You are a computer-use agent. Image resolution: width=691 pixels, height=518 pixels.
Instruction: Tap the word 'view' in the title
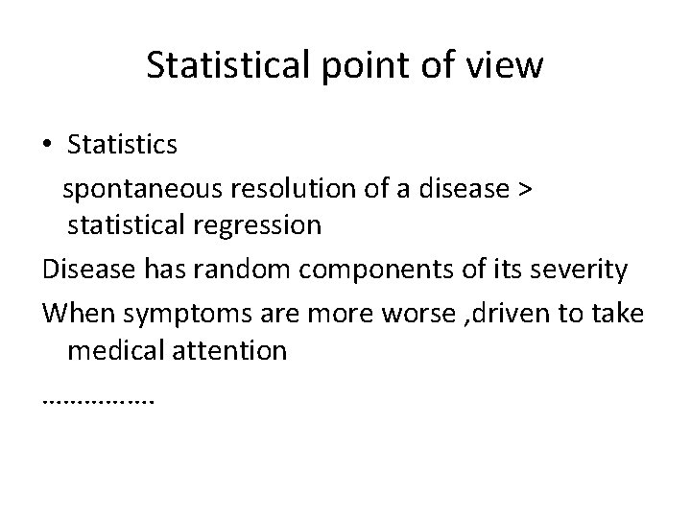510,66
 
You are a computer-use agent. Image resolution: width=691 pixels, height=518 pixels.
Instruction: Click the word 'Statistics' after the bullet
123,145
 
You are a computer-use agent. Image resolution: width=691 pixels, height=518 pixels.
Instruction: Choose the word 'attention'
236,350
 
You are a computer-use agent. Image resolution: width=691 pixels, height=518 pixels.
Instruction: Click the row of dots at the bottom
98,397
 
